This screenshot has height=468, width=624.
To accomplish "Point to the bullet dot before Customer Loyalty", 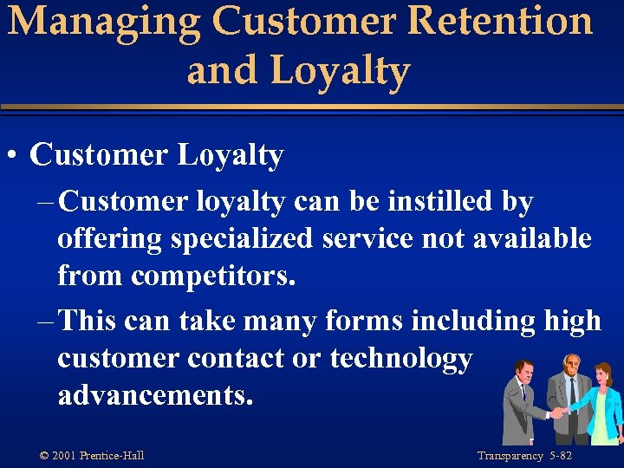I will pyautogui.click(x=13, y=157).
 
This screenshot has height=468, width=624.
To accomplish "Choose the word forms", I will pyautogui.click(x=363, y=321).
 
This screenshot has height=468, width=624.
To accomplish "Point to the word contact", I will pyautogui.click(x=244, y=359).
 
